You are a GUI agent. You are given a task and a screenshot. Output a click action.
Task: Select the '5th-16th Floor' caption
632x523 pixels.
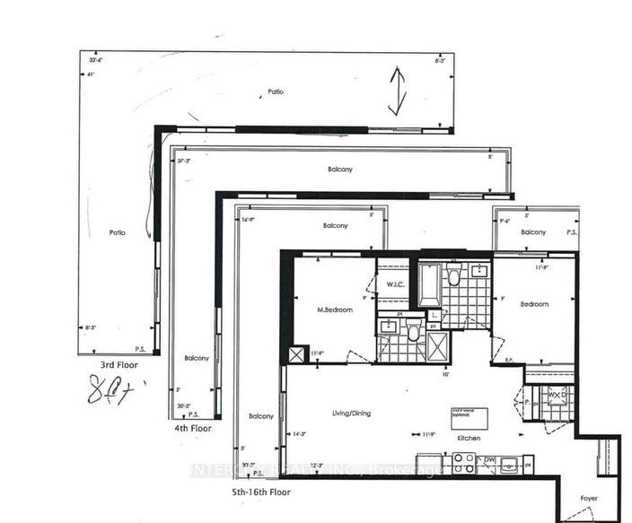coord(260,492)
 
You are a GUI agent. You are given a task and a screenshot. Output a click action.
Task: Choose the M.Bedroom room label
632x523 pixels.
coord(334,309)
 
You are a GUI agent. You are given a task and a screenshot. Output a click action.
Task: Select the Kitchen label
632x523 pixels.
coord(468,438)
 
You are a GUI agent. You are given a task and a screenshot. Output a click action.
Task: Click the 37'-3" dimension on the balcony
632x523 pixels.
coord(186,159)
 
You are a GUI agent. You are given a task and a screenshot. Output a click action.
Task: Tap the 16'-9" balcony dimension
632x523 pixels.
coord(249,218)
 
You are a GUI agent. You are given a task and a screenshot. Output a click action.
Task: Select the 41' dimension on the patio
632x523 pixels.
coord(91,75)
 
